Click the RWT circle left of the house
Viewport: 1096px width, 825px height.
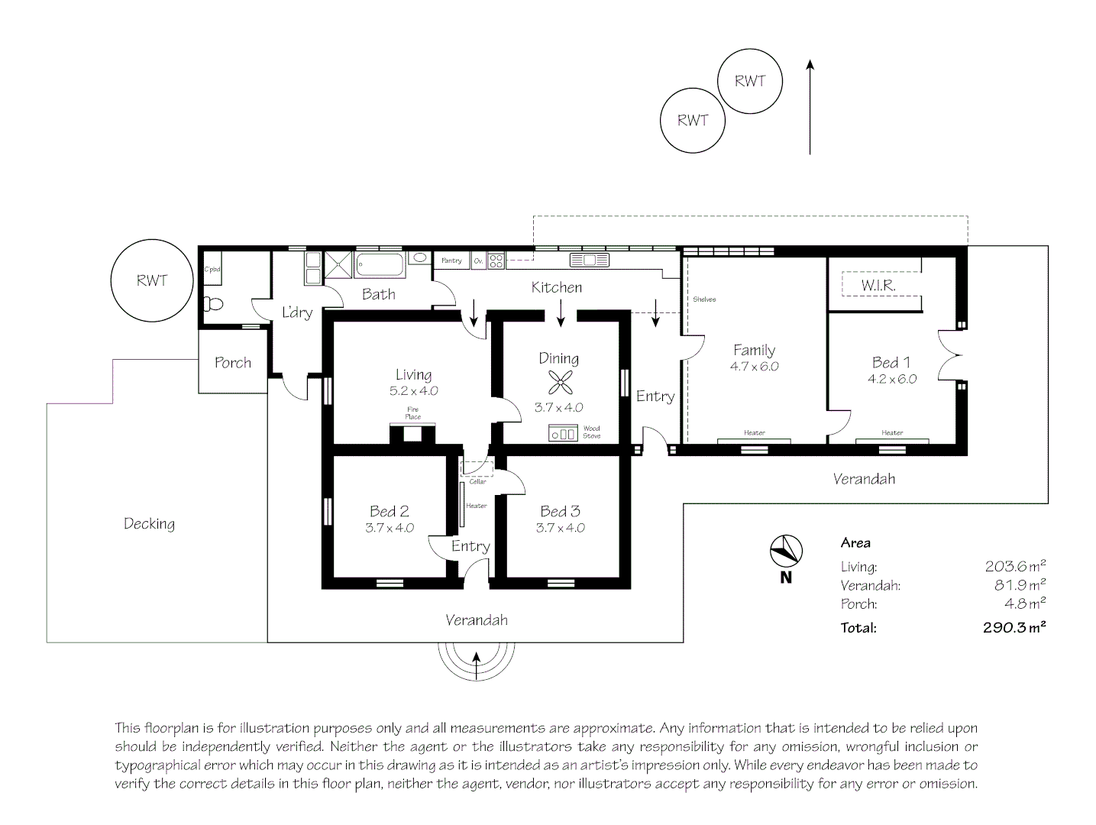coord(151,280)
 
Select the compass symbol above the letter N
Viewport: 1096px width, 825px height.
coord(786,551)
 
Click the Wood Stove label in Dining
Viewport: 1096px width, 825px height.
coord(591,432)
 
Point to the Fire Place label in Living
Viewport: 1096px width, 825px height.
coord(413,413)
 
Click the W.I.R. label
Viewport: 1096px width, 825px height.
coord(878,286)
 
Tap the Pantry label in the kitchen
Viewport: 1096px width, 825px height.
coord(451,260)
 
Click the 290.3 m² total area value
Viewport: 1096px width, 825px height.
coord(1014,628)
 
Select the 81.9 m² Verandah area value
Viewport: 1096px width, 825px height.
coord(1015,585)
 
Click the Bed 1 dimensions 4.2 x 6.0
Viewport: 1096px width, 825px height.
coord(891,379)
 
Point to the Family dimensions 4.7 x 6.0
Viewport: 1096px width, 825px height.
coord(754,366)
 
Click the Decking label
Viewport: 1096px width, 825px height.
coord(149,524)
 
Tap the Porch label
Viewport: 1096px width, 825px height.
coord(233,363)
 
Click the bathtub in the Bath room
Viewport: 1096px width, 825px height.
coord(379,266)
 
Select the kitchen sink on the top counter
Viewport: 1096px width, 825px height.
coord(589,260)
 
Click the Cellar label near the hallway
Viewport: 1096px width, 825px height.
coord(477,482)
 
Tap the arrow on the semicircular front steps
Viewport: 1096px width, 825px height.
coord(477,665)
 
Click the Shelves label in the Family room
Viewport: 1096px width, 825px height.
coord(704,299)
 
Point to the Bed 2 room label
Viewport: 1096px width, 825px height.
coord(389,511)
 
